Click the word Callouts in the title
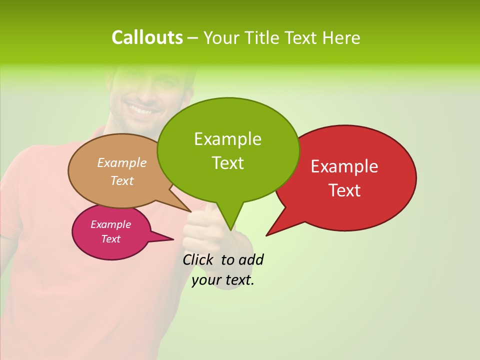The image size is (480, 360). (x=147, y=37)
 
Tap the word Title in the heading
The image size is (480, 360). (x=263, y=37)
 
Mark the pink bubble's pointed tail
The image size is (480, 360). (x=170, y=239)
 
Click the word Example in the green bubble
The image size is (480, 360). (x=227, y=139)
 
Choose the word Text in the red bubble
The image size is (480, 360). (x=344, y=190)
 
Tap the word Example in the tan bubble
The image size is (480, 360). (x=121, y=162)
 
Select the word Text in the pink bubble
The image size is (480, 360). (x=110, y=239)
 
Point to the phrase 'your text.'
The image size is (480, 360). (x=223, y=280)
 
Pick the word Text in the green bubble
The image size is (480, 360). (x=227, y=162)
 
